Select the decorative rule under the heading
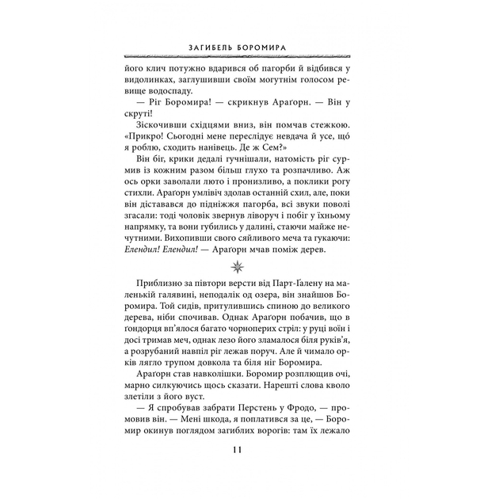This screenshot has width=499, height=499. point(249,57)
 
